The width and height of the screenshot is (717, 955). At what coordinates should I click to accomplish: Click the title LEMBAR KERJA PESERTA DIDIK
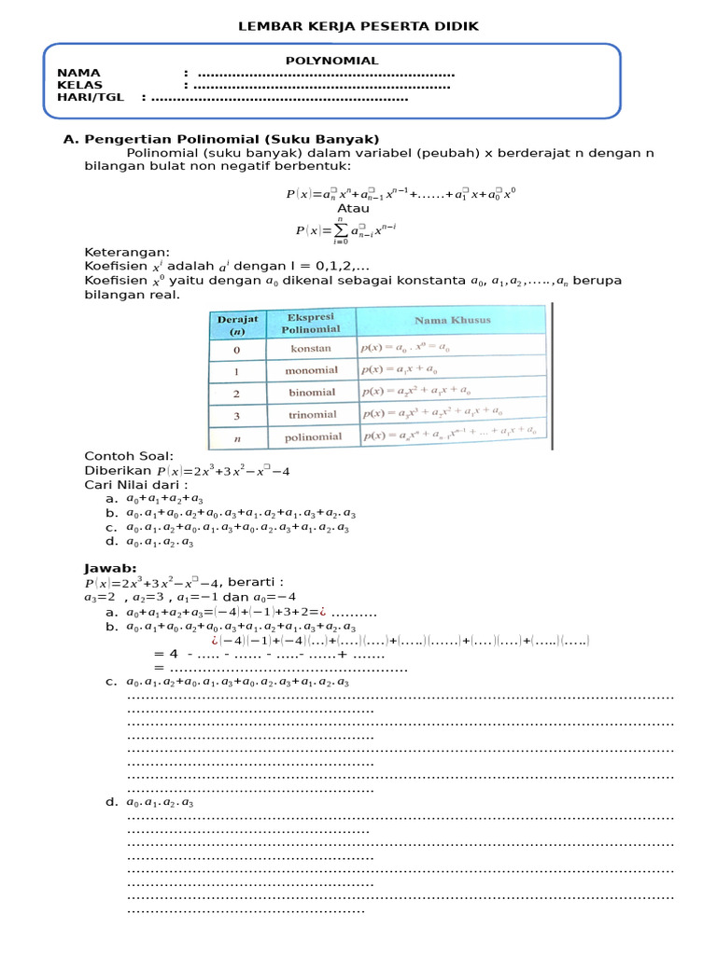click(x=359, y=27)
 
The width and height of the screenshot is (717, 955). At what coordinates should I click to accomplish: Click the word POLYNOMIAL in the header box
click(x=331, y=61)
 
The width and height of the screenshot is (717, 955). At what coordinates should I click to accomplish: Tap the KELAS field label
click(x=79, y=85)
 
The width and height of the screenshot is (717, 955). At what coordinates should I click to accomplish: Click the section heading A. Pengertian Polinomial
click(x=220, y=139)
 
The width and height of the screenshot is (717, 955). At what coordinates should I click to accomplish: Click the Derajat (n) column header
click(x=237, y=324)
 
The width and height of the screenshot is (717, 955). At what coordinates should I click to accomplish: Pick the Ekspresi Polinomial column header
click(x=311, y=323)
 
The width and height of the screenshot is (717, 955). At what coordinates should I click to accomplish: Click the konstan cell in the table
click(x=311, y=348)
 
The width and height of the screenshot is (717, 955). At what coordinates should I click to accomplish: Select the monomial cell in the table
click(x=311, y=370)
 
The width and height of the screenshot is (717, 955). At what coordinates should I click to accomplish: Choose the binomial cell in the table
click(x=311, y=393)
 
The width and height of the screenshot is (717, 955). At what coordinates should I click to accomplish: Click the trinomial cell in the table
click(x=311, y=414)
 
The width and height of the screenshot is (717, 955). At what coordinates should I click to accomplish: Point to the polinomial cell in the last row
click(x=311, y=436)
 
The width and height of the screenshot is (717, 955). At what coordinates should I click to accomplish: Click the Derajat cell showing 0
click(x=236, y=349)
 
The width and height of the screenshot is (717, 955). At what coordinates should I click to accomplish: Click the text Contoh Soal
click(x=129, y=455)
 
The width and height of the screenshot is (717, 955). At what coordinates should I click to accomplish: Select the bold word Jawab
click(x=110, y=568)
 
